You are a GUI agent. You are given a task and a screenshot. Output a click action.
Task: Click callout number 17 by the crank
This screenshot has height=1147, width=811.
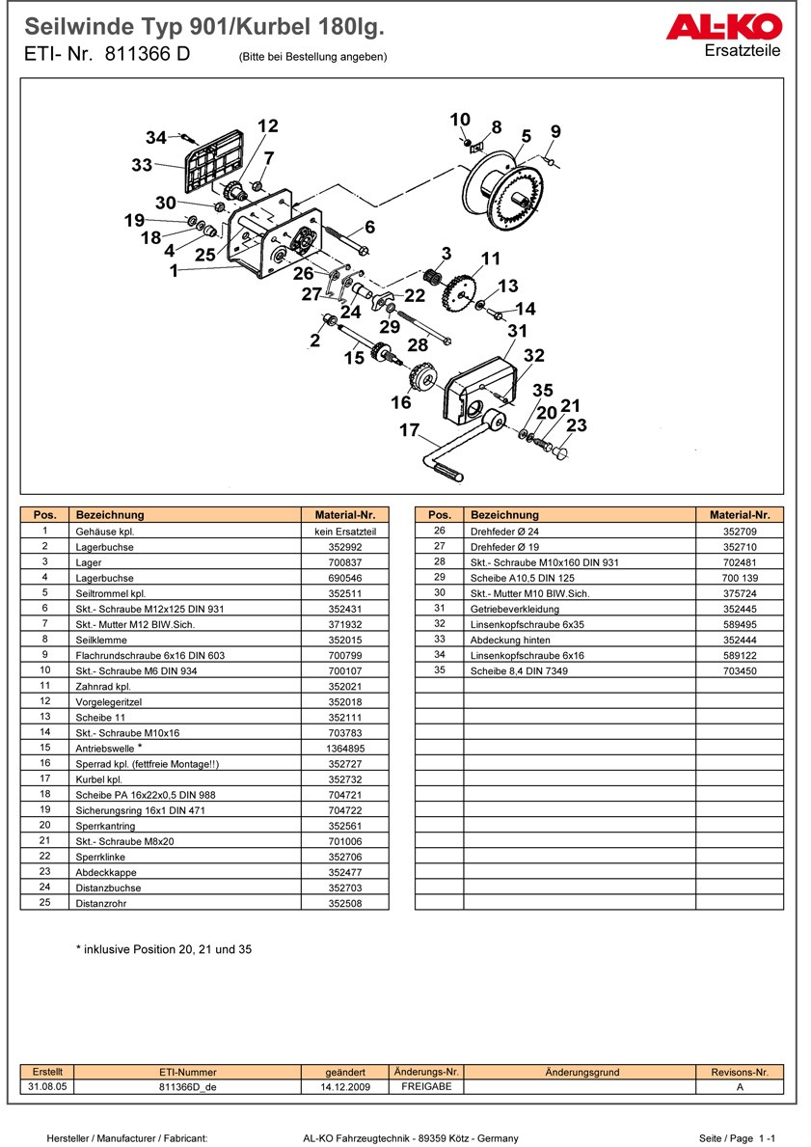tap(409, 429)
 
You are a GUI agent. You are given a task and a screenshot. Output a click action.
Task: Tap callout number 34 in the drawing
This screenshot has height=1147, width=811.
tap(156, 137)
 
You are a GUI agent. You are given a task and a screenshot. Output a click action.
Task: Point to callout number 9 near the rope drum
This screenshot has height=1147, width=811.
tap(555, 132)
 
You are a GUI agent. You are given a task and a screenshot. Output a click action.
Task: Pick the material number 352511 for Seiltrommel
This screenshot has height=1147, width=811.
tap(345, 593)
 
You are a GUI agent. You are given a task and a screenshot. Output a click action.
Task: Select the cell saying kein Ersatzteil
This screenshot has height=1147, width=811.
tap(345, 532)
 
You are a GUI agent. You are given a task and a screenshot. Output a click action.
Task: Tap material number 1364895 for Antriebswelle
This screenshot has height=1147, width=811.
tap(345, 748)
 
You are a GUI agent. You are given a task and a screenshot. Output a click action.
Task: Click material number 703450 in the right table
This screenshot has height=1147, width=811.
tap(740, 670)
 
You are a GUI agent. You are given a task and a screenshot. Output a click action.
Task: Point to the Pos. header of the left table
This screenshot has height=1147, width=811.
tap(45, 515)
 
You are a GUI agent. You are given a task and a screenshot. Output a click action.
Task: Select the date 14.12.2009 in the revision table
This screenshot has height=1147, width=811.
tap(345, 1086)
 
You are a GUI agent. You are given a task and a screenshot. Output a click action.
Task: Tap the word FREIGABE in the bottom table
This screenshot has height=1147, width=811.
tap(425, 1086)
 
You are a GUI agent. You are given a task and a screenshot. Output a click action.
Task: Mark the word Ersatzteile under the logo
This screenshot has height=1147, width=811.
tap(743, 50)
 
